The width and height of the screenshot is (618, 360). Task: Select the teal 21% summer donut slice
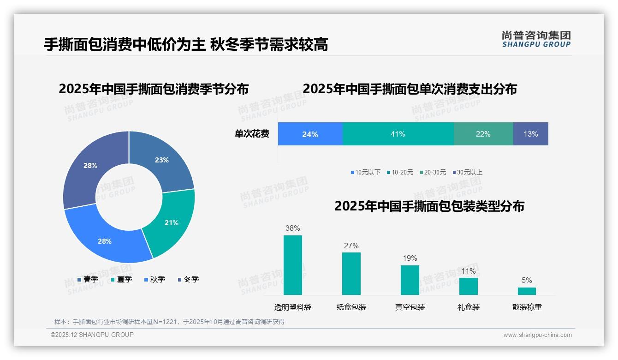pyautogui.click(x=171, y=223)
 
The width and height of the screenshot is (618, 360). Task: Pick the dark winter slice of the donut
pyautogui.click(x=90, y=165)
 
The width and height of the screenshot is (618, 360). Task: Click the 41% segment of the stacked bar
pyautogui.click(x=398, y=134)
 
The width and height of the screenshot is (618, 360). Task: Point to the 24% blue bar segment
pyautogui.click(x=310, y=134)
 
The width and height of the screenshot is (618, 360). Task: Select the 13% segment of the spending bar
pyautogui.click(x=530, y=134)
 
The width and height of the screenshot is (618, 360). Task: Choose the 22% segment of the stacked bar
pyautogui.click(x=483, y=134)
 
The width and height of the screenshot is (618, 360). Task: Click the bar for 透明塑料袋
pyautogui.click(x=292, y=265)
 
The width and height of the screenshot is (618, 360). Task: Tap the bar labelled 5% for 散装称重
pyautogui.click(x=527, y=291)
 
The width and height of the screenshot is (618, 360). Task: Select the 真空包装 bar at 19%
pyautogui.click(x=410, y=280)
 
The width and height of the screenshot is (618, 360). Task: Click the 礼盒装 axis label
pyautogui.click(x=468, y=307)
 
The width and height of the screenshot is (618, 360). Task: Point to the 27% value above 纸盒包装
pyautogui.click(x=351, y=246)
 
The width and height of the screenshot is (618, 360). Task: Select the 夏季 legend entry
pyautogui.click(x=122, y=279)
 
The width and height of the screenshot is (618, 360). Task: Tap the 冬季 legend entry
pyautogui.click(x=189, y=279)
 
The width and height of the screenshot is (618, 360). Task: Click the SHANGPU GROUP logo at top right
pyautogui.click(x=536, y=39)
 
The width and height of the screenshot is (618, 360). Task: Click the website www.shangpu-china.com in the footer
pyautogui.click(x=537, y=335)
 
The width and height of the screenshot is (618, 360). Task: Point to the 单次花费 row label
pyautogui.click(x=252, y=134)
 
